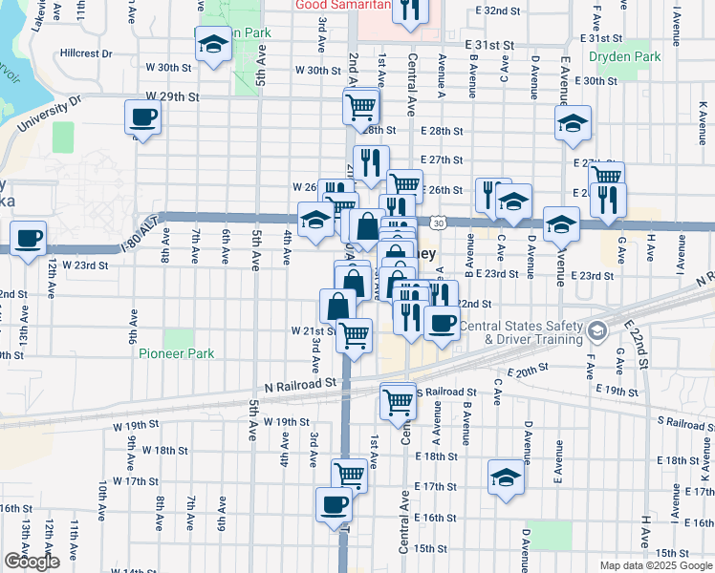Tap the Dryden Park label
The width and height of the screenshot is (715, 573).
[x=626, y=57]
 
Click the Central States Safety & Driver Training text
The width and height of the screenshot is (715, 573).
[x=521, y=332]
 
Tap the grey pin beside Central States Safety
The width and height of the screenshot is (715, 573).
[x=598, y=331]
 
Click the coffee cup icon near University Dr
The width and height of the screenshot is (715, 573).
[x=142, y=118]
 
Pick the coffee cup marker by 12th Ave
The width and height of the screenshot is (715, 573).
[x=28, y=239]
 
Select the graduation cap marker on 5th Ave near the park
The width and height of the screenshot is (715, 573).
[x=213, y=43]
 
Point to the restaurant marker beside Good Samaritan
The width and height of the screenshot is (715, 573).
[x=410, y=10]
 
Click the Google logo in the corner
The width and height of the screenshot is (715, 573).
[x=31, y=562]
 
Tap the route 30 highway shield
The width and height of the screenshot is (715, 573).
[x=437, y=223]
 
